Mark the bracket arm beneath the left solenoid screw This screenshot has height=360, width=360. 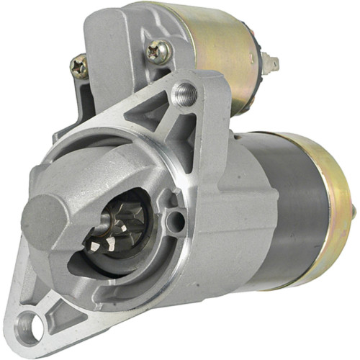tap(83, 101)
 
